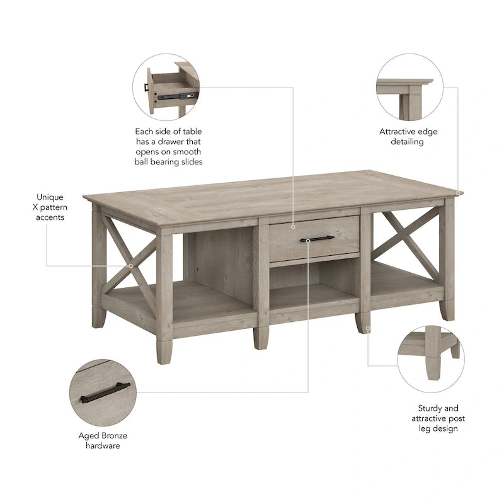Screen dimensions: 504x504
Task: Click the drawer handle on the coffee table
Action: point(316,239)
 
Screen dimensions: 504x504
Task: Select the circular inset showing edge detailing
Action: point(408,88)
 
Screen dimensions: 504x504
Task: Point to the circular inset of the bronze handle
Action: point(104,393)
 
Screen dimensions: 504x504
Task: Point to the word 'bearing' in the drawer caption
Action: point(173,162)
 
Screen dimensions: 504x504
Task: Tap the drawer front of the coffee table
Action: point(314,238)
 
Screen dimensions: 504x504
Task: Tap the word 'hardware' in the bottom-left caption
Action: point(103,445)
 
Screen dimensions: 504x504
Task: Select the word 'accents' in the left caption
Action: point(50,217)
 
